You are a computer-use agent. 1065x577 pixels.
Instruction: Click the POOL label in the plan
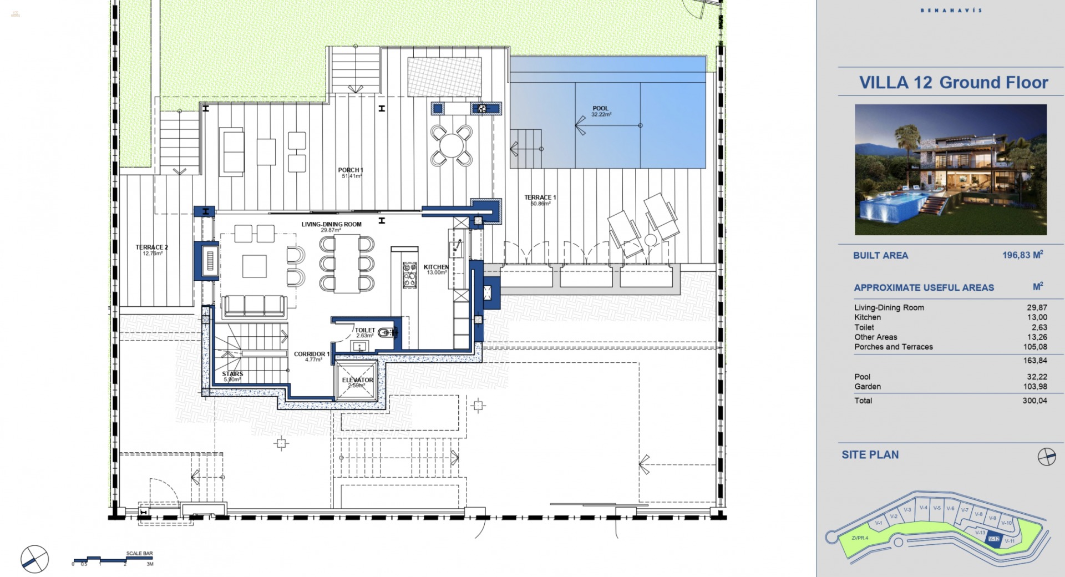(x=600, y=109)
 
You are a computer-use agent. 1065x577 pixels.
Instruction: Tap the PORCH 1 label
(x=351, y=170)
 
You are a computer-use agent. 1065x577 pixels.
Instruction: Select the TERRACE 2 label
(x=151, y=247)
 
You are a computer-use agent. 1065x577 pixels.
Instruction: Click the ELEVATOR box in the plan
(x=357, y=381)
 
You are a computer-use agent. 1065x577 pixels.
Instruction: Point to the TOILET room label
(x=365, y=331)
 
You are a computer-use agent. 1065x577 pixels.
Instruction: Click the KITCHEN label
(x=436, y=267)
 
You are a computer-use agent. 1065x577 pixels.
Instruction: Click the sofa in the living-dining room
(x=254, y=306)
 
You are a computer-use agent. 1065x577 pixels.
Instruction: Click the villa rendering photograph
(x=950, y=170)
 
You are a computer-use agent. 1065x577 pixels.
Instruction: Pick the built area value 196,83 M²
(x=1022, y=255)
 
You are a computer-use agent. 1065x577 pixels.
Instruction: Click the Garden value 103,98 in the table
(x=1034, y=387)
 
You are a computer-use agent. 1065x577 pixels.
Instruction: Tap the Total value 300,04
(x=1034, y=401)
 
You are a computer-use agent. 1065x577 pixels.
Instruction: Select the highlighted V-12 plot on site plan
(x=994, y=539)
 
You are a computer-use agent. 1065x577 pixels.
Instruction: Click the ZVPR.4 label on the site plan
(x=860, y=538)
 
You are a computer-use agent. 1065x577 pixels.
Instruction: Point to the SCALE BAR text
(x=139, y=553)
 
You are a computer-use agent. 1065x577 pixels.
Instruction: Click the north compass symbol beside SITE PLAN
(x=1046, y=456)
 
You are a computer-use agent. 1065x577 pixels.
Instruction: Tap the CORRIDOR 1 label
(x=311, y=354)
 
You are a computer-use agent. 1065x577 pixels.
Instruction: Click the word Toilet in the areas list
(x=864, y=327)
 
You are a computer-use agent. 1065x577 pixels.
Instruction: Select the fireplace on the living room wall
(x=210, y=261)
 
